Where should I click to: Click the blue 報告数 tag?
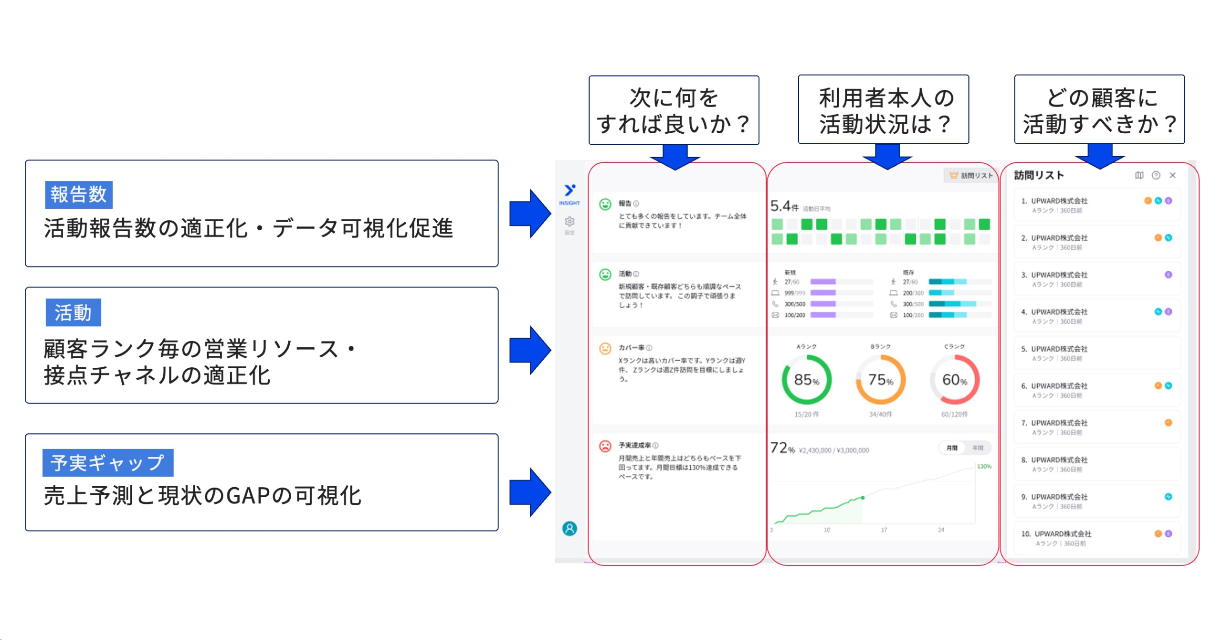tap(79, 194)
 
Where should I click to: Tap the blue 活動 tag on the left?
tap(73, 312)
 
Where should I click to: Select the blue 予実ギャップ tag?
tap(107, 462)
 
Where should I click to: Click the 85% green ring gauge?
tap(806, 380)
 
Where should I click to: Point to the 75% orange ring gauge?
tap(880, 380)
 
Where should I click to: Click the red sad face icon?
tap(605, 446)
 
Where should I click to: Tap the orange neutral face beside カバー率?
tap(605, 348)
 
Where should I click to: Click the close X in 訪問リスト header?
tap(1172, 175)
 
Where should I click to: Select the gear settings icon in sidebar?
tap(569, 222)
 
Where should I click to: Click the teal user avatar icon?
tap(569, 528)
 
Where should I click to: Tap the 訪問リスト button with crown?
tap(970, 175)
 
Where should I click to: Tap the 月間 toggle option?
tap(951, 448)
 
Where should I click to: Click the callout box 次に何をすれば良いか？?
tap(673, 110)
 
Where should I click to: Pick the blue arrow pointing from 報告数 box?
tap(529, 213)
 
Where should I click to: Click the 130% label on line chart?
tap(983, 466)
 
